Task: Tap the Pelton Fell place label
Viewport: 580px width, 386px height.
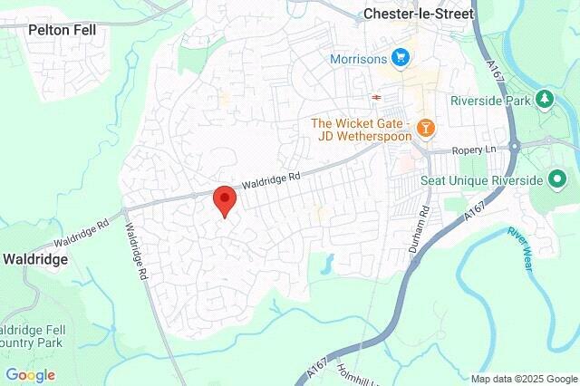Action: [62, 29]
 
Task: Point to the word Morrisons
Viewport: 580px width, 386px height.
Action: [360, 59]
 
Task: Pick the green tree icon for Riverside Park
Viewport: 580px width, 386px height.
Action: [545, 100]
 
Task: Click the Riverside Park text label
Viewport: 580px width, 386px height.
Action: [489, 101]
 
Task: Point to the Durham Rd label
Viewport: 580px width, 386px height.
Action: [422, 220]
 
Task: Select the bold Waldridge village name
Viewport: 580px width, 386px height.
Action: [34, 258]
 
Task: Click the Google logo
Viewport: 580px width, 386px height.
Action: [30, 374]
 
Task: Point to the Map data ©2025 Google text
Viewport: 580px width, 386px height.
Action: [524, 378]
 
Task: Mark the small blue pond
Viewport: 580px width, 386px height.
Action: [327, 264]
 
